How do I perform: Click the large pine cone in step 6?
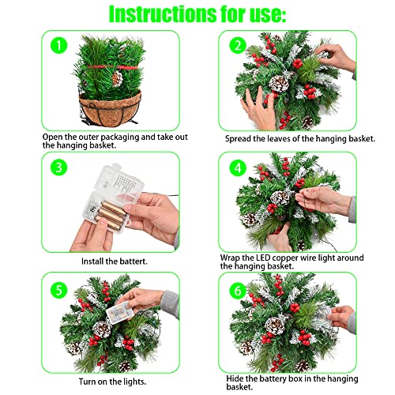pyautogui.click(x=274, y=325)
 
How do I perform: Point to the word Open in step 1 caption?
pyautogui.click(x=54, y=135)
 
